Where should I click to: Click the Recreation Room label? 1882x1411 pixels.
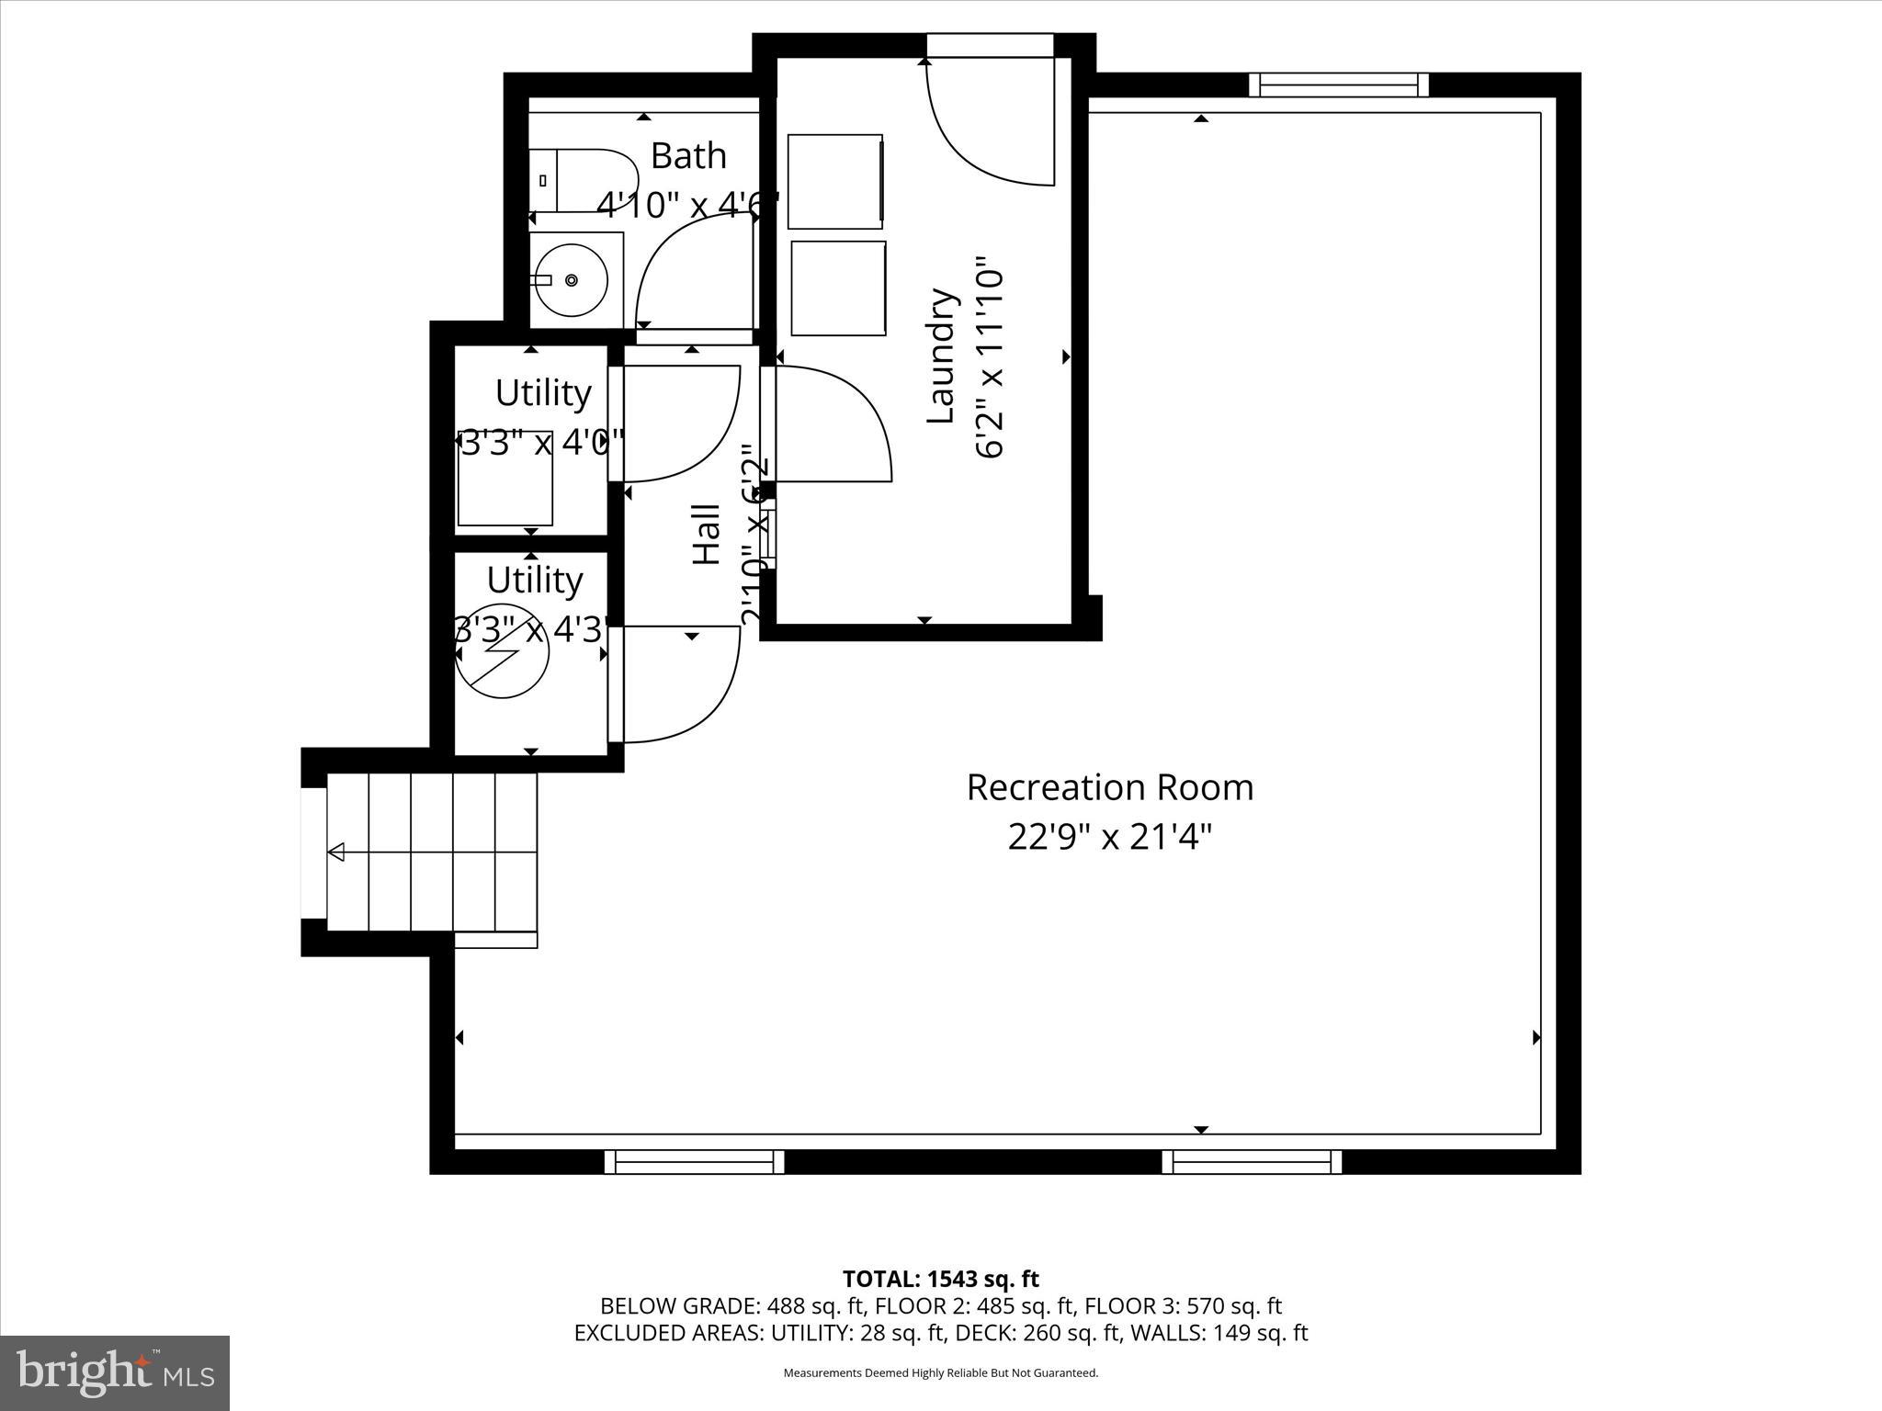point(1109,788)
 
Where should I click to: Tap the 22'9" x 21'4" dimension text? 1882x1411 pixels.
point(1109,837)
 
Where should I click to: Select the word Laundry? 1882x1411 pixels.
point(941,356)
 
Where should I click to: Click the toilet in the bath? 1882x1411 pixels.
point(584,180)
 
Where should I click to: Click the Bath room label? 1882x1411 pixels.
point(688,156)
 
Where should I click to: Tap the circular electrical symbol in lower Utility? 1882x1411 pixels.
point(503,650)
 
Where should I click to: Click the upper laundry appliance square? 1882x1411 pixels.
point(835,182)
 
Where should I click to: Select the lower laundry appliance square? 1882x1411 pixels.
point(838,288)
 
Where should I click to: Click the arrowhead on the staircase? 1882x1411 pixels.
point(336,852)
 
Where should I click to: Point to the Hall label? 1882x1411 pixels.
point(706,533)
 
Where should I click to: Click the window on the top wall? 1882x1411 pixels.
point(1338,85)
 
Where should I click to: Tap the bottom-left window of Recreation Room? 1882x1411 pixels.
point(694,1162)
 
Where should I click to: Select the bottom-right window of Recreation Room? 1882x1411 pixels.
point(1252,1162)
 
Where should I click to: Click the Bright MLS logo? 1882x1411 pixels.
point(115,1372)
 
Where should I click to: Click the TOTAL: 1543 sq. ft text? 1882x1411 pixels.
point(940,1279)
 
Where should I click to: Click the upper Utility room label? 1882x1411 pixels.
point(542,393)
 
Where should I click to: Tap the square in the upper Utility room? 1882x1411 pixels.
point(505,478)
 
